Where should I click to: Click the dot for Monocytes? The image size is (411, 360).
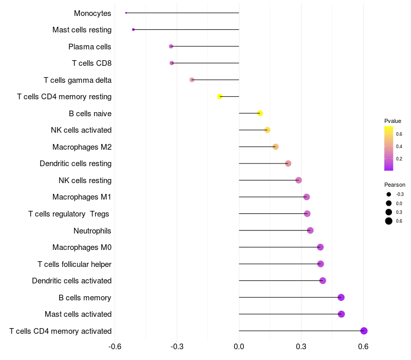[126, 13]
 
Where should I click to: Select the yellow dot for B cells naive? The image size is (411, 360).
[260, 113]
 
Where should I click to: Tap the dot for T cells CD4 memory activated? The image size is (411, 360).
[364, 331]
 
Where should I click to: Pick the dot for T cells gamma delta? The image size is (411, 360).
[192, 80]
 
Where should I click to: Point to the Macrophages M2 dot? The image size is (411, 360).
[275, 147]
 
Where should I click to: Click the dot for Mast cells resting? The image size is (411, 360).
[134, 30]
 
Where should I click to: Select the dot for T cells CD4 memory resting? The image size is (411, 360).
[220, 97]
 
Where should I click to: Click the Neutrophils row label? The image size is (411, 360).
[92, 230]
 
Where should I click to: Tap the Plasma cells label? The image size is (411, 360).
[89, 47]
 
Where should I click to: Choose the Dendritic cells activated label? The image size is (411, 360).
[72, 281]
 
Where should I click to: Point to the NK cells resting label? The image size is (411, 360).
[85, 181]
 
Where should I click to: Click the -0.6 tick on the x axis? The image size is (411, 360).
[115, 347]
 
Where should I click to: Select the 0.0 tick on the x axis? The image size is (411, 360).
[239, 347]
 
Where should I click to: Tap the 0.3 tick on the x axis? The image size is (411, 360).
[301, 347]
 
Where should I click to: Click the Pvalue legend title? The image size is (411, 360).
[393, 121]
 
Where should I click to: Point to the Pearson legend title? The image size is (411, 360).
[395, 185]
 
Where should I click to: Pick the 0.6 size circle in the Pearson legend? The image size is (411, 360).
[389, 221]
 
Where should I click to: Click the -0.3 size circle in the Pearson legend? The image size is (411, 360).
[389, 194]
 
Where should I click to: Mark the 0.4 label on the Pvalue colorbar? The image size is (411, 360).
[399, 147]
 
